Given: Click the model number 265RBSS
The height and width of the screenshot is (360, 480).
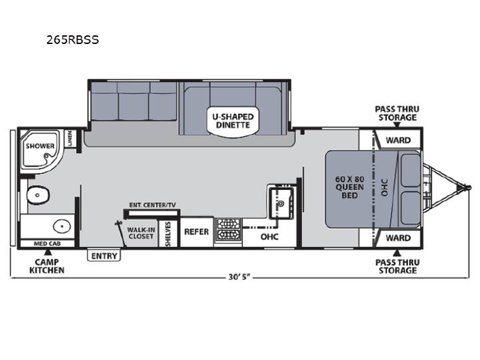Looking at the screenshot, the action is click(73, 40).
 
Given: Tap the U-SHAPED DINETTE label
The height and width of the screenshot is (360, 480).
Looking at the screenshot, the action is click(233, 121).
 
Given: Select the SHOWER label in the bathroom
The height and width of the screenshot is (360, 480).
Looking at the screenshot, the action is click(40, 146).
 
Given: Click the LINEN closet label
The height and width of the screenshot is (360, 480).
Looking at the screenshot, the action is click(70, 138).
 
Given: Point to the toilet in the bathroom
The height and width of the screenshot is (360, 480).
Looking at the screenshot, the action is click(38, 195).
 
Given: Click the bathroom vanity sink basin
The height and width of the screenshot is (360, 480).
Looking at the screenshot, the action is click(62, 227).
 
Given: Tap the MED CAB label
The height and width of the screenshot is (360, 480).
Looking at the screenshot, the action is click(47, 244).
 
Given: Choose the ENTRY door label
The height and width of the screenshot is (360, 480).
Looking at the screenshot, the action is click(104, 256).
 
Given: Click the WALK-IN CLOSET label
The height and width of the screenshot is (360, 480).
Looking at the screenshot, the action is click(141, 233).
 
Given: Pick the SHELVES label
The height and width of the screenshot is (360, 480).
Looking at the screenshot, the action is click(168, 234).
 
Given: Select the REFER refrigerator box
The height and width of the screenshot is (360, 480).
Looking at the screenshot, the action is click(197, 232).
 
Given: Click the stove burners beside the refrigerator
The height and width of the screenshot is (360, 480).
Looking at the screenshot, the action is click(228, 229).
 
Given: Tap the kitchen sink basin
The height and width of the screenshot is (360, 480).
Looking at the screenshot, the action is click(281, 203).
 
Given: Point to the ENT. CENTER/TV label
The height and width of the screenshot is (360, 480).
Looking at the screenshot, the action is click(153, 205).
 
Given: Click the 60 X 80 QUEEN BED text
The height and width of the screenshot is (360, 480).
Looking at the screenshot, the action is click(349, 187).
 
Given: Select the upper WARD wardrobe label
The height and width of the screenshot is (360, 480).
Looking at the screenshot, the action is click(398, 140).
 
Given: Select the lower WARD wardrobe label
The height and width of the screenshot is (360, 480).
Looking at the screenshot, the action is click(398, 238).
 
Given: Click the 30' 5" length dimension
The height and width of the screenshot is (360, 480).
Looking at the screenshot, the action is click(239, 277).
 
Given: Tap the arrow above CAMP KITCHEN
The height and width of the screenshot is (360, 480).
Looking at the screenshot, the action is click(47, 252).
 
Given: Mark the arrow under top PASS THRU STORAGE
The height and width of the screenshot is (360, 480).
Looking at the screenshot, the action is click(397, 125).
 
